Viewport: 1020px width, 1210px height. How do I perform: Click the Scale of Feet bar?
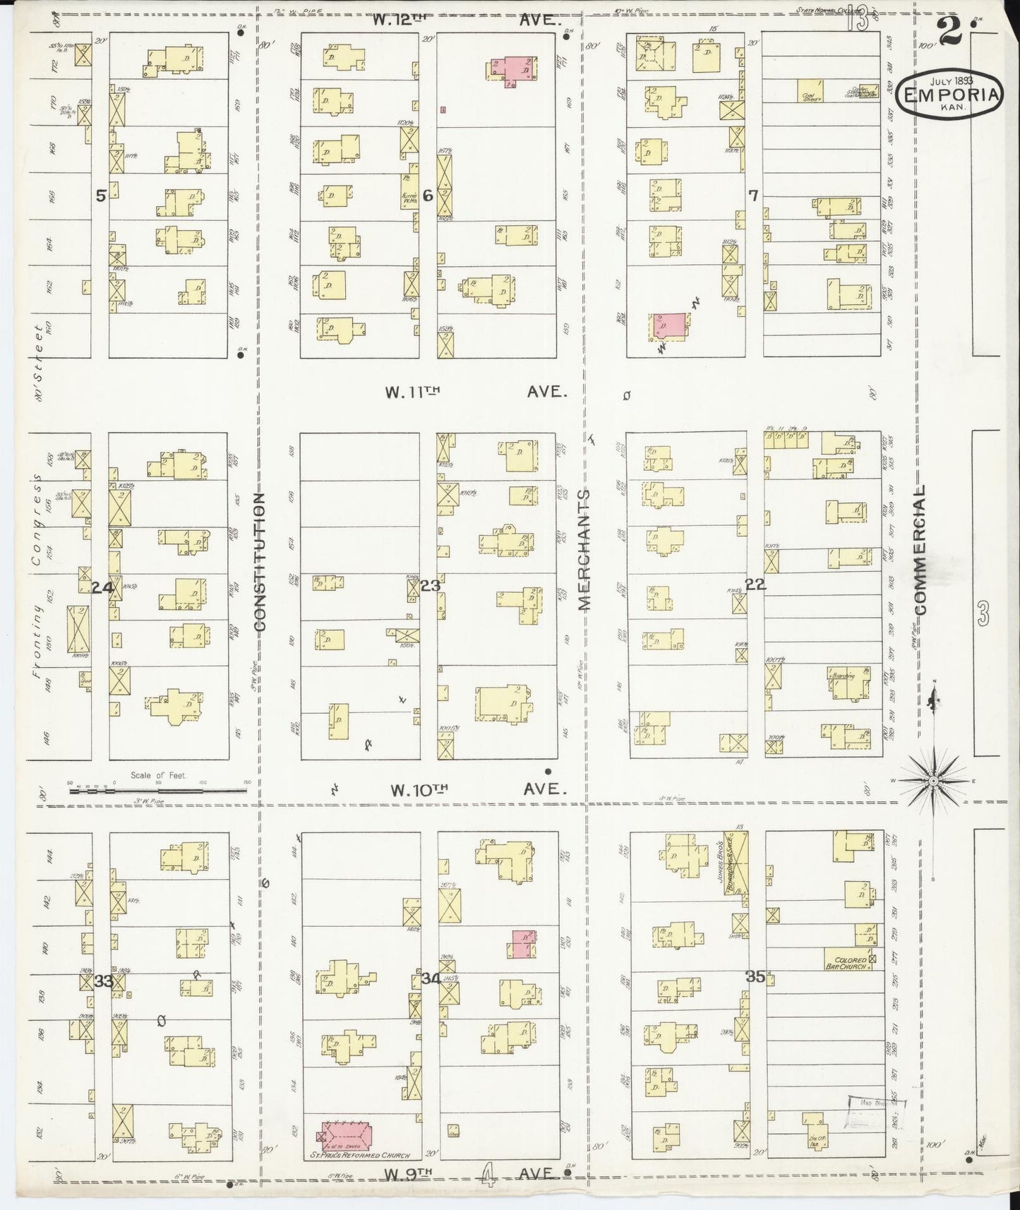click(159, 791)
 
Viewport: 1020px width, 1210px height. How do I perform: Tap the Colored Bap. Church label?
click(850, 964)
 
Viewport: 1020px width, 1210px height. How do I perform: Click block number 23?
click(430, 585)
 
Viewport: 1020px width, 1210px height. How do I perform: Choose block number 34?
click(431, 979)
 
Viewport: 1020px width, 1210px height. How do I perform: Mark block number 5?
click(101, 196)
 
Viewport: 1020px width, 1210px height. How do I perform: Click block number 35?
click(755, 977)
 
